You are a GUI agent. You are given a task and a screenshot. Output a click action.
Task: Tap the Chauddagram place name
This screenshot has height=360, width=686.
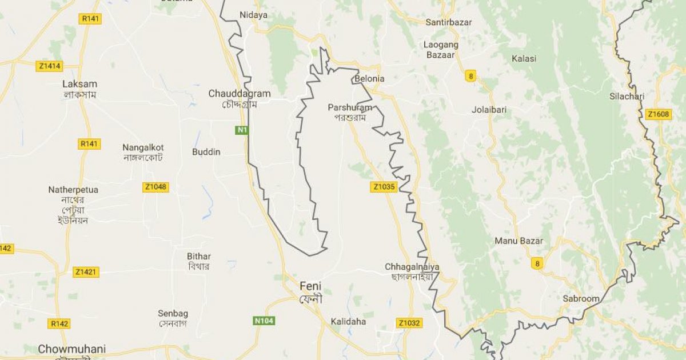pyautogui.click(x=240, y=94)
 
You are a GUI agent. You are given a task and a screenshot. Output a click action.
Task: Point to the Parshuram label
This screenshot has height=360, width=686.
pyautogui.click(x=350, y=107)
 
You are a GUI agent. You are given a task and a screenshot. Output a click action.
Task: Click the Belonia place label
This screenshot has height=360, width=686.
pyautogui.click(x=369, y=78)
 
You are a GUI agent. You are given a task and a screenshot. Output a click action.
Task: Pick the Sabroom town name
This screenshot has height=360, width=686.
pyautogui.click(x=581, y=298)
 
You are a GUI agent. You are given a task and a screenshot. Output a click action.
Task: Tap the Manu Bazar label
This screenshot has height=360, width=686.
pyautogui.click(x=519, y=241)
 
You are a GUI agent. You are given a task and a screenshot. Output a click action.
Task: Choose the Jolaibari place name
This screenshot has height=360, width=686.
pyautogui.click(x=489, y=109)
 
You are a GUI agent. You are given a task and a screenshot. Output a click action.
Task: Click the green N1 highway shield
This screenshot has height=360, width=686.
pyautogui.click(x=242, y=130)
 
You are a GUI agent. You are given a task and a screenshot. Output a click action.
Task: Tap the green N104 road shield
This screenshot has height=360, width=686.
pyautogui.click(x=264, y=321)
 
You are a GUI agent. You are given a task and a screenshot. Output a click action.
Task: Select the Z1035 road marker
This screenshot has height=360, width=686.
pyautogui.click(x=383, y=186)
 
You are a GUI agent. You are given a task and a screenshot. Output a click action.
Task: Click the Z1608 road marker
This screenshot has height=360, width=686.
pyautogui.click(x=658, y=115)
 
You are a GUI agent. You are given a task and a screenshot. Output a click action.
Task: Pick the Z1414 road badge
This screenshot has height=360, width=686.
pyautogui.click(x=50, y=66)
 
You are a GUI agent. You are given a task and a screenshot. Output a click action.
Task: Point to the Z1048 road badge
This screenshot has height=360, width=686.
pyautogui.click(x=156, y=187)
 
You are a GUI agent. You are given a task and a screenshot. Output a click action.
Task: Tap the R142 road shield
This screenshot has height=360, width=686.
pyautogui.click(x=59, y=324)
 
